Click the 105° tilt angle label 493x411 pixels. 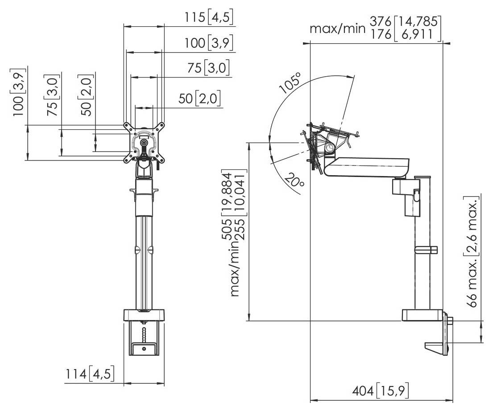[x=290, y=83]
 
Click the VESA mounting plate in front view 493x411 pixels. [x=144, y=142]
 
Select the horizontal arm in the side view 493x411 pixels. [x=368, y=166]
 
